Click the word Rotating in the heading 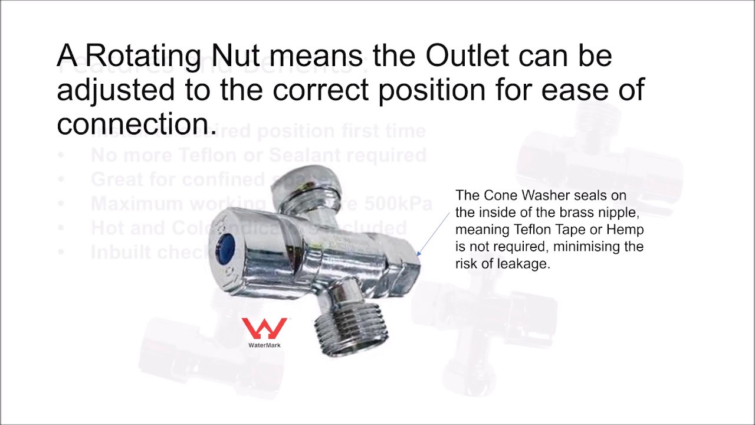145,57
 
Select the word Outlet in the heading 467,57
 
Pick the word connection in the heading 133,124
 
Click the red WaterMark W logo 264,329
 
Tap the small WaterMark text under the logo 264,345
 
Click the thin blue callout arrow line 434,234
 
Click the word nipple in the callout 619,212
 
